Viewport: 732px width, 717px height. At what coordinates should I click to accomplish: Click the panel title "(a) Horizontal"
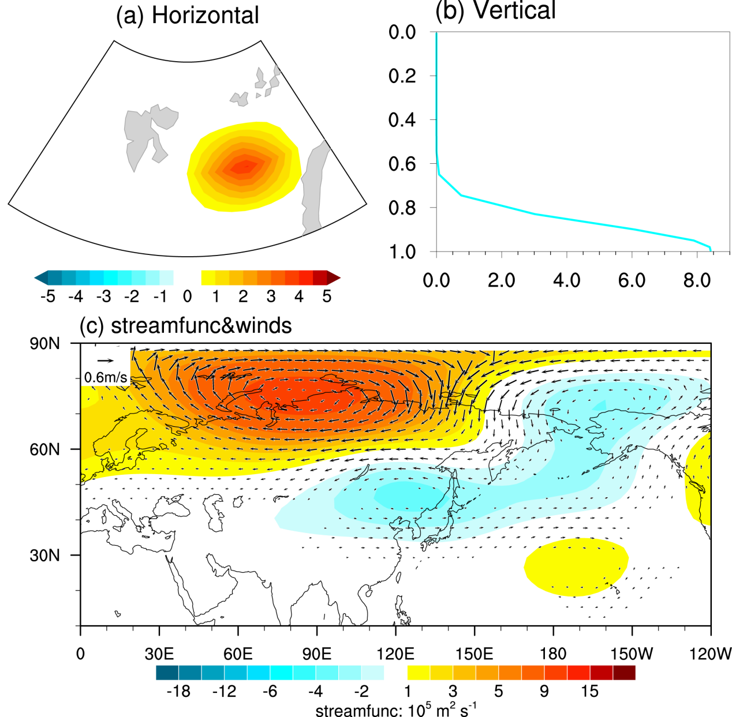pos(187,16)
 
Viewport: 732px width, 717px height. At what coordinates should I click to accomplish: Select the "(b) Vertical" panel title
pos(495,10)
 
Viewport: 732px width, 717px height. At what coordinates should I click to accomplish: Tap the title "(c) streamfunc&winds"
pos(185,326)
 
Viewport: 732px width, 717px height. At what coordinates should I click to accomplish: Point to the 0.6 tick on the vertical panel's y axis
pos(402,164)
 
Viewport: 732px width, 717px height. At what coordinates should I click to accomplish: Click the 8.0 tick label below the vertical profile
pos(697,280)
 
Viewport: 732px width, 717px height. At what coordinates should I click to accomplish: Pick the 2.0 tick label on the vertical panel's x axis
pos(501,280)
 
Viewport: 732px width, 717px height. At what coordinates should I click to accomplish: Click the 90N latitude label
pos(44,344)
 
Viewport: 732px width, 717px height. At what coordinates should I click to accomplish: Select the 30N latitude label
pos(44,555)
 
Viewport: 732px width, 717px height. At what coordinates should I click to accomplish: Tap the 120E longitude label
pos(395,654)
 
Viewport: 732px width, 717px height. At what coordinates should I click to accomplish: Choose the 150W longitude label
pos(632,654)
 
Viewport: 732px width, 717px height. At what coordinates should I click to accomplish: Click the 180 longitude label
pos(553,654)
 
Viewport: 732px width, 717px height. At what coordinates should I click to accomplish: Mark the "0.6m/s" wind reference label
pos(106,378)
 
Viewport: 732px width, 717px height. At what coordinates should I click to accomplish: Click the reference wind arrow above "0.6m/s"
pos(106,362)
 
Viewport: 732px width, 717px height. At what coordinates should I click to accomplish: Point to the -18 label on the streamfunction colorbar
pos(178,691)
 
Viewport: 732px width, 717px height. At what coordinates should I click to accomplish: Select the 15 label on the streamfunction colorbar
pos(590,691)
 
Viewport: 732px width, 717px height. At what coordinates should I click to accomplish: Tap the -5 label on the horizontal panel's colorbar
pos(47,296)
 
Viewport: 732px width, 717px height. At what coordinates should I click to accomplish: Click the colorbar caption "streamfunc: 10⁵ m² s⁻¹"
pos(395,710)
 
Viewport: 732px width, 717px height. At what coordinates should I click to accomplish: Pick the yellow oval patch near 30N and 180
pos(576,567)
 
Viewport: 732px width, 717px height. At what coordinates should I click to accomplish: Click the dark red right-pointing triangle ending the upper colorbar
pos(333,278)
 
